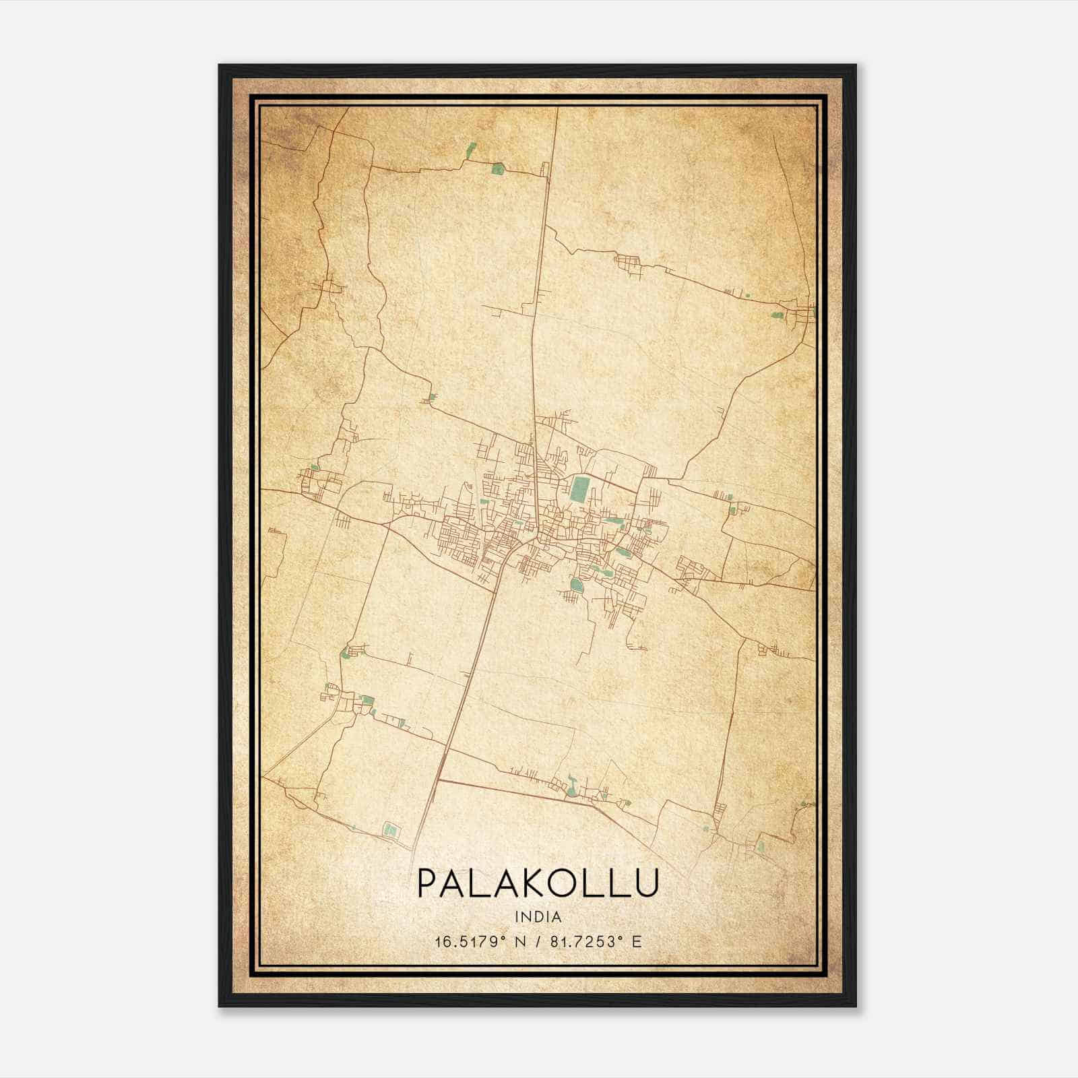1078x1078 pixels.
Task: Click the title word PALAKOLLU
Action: click(537, 883)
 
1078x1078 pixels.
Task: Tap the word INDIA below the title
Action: click(538, 917)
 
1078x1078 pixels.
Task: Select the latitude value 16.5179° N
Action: click(478, 941)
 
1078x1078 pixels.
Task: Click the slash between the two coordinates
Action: click(537, 941)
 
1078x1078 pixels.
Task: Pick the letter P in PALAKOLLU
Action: click(427, 883)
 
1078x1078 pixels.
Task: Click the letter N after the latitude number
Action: click(519, 941)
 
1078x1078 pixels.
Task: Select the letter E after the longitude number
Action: click(636, 941)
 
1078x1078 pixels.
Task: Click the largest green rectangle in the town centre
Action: click(578, 488)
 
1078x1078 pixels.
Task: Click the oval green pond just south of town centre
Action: click(576, 584)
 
